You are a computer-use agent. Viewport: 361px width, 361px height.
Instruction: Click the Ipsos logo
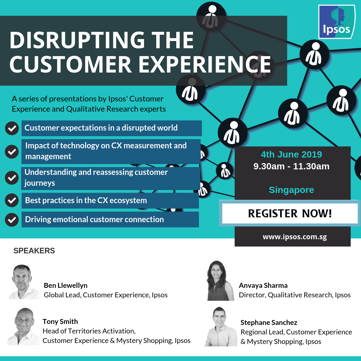[x=336, y=22]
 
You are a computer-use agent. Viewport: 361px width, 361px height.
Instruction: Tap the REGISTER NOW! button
[x=290, y=214]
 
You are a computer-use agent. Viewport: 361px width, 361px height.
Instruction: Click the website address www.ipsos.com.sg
[x=295, y=237]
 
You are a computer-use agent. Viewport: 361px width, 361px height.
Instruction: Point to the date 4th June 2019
[x=291, y=155]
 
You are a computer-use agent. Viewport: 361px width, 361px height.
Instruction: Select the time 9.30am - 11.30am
[x=291, y=166]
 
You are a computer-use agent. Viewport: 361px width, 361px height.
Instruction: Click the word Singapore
[x=291, y=190]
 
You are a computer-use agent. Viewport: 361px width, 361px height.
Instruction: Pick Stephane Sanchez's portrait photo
[x=220, y=327]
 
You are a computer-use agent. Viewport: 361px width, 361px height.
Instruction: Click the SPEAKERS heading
[x=34, y=251]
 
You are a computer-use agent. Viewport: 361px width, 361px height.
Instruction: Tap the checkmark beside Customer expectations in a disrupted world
[x=12, y=128]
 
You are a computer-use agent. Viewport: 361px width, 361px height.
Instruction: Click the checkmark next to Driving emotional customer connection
[x=12, y=220]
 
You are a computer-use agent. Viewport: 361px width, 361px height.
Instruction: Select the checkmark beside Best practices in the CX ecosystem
[x=12, y=201]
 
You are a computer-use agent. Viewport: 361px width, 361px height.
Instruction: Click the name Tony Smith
[x=60, y=322]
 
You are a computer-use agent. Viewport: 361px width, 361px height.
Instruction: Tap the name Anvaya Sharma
[x=263, y=286]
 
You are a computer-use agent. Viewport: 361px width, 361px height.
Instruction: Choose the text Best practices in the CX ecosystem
[x=86, y=201]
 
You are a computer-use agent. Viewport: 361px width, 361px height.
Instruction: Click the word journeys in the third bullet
[x=40, y=183]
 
